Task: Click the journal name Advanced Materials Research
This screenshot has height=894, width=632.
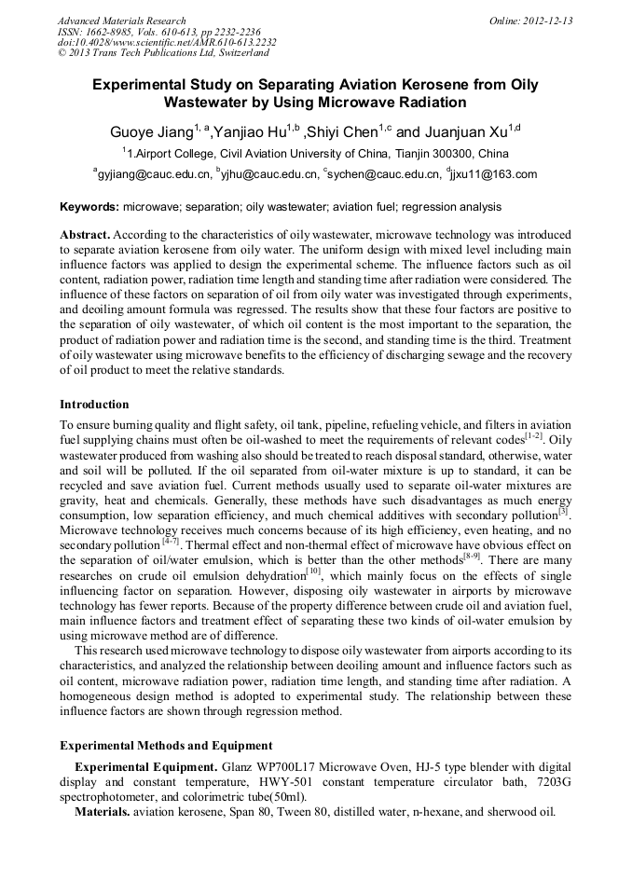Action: click(x=121, y=21)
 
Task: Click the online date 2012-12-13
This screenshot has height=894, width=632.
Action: click(x=548, y=21)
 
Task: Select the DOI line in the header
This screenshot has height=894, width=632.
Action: click(x=167, y=43)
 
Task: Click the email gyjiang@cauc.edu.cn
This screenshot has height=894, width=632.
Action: click(x=153, y=174)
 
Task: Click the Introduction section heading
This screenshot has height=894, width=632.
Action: click(x=94, y=405)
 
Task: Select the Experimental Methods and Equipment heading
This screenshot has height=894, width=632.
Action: click(x=166, y=746)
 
